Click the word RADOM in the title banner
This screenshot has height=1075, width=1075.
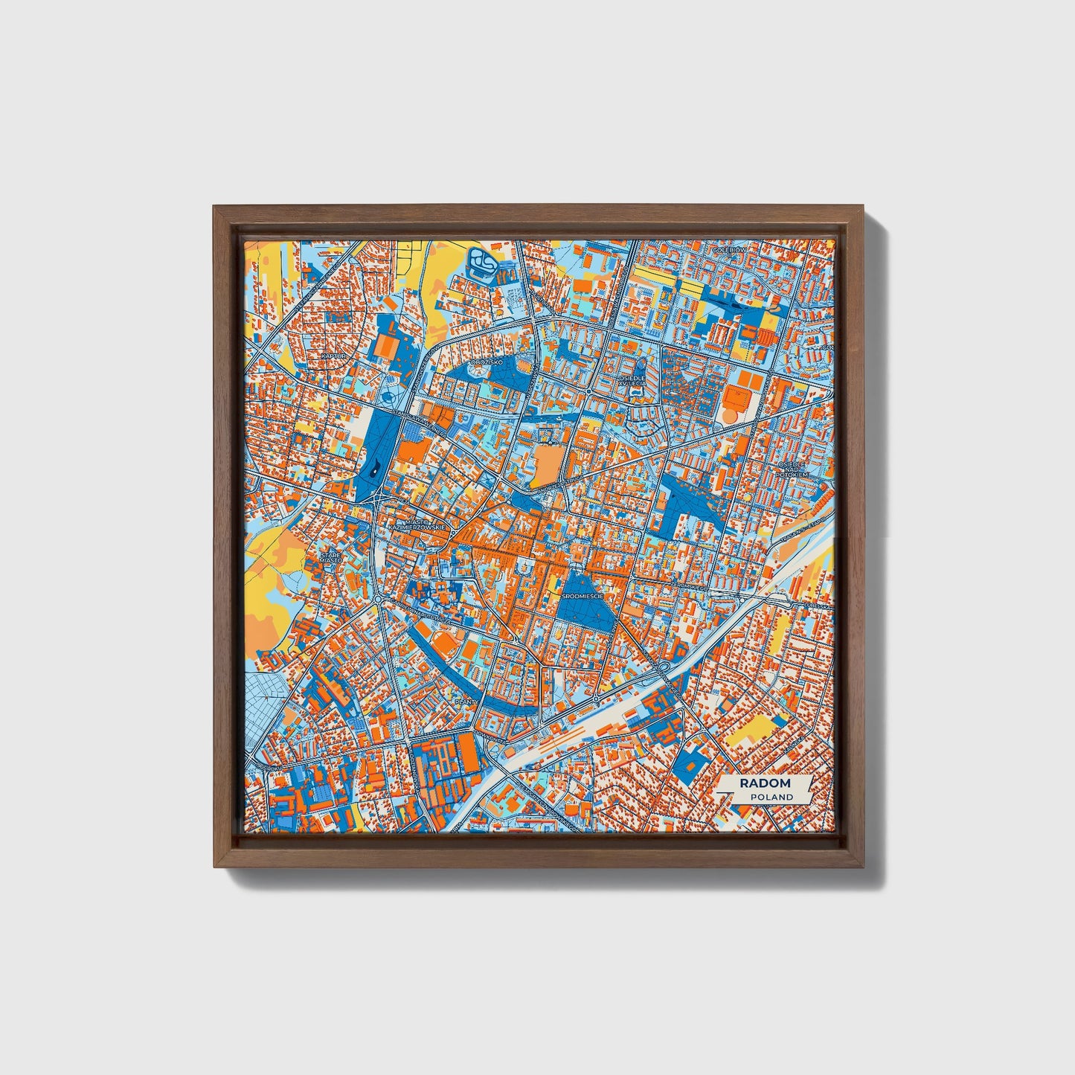click(765, 783)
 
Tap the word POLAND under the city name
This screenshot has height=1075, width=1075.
click(771, 797)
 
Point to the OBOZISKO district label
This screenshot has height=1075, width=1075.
click(487, 362)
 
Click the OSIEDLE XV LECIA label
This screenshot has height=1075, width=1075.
click(632, 381)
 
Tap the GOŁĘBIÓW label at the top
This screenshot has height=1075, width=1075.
click(728, 251)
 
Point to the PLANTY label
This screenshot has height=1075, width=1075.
click(466, 701)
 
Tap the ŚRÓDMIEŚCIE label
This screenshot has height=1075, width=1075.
click(583, 596)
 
